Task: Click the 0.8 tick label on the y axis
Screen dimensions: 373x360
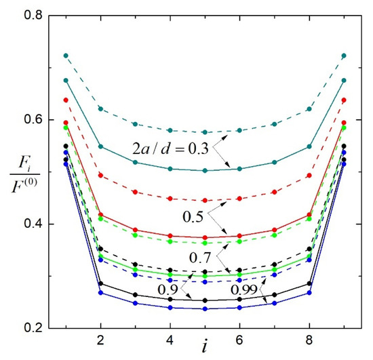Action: (x=33, y=15)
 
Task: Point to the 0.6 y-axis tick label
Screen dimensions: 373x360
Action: (x=33, y=119)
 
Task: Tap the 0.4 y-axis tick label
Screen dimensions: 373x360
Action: (x=33, y=224)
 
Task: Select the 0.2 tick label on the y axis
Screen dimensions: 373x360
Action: (x=33, y=328)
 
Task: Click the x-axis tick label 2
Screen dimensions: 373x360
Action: (x=100, y=340)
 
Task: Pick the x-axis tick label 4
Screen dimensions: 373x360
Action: (x=170, y=340)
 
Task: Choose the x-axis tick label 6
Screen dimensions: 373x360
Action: (x=239, y=340)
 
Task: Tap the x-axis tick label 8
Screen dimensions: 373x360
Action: (x=309, y=340)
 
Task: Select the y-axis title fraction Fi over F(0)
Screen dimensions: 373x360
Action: (x=24, y=176)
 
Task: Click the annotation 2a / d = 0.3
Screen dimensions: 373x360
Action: (x=170, y=149)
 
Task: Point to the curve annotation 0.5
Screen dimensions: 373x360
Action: (x=193, y=217)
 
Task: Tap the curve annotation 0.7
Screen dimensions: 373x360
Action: (x=200, y=257)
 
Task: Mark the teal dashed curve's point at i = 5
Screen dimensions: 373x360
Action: (x=205, y=132)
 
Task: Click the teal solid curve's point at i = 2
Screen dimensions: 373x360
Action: (x=100, y=146)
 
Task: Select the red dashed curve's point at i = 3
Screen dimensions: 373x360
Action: (x=136, y=192)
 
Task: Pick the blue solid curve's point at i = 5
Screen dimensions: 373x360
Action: (x=205, y=309)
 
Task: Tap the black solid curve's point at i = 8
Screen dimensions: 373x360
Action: (x=309, y=283)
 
